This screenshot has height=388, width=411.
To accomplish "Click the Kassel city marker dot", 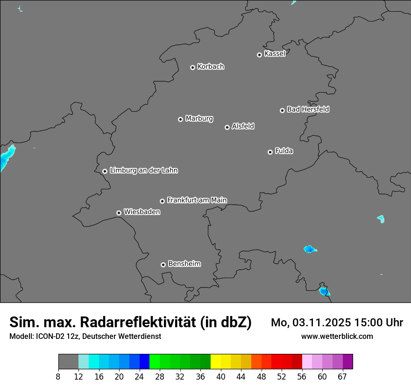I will pos(259,55).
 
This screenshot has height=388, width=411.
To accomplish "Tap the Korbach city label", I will pos(211,67).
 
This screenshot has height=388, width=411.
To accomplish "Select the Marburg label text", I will pos(199,119).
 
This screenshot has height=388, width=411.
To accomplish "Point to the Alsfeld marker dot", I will pos(227,127).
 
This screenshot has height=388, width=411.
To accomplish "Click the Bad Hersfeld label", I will pos(308,109).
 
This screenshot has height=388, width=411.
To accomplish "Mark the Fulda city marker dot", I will pos(270,152).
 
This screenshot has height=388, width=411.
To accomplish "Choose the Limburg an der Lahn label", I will pos(143,171).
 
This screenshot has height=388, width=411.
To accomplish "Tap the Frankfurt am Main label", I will pos(197,200).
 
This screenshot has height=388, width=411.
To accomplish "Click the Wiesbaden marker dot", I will pos(119,213).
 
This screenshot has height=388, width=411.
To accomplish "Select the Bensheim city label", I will pos(184,264).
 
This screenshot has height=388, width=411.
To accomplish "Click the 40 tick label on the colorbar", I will pos(221,376).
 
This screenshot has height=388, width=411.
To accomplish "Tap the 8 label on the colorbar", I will pos(58,376).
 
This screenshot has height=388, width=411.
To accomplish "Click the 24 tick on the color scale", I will pos(140,376).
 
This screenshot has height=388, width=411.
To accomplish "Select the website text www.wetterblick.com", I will pos(337,336).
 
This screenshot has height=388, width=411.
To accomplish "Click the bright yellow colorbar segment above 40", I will pos(216,362).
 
